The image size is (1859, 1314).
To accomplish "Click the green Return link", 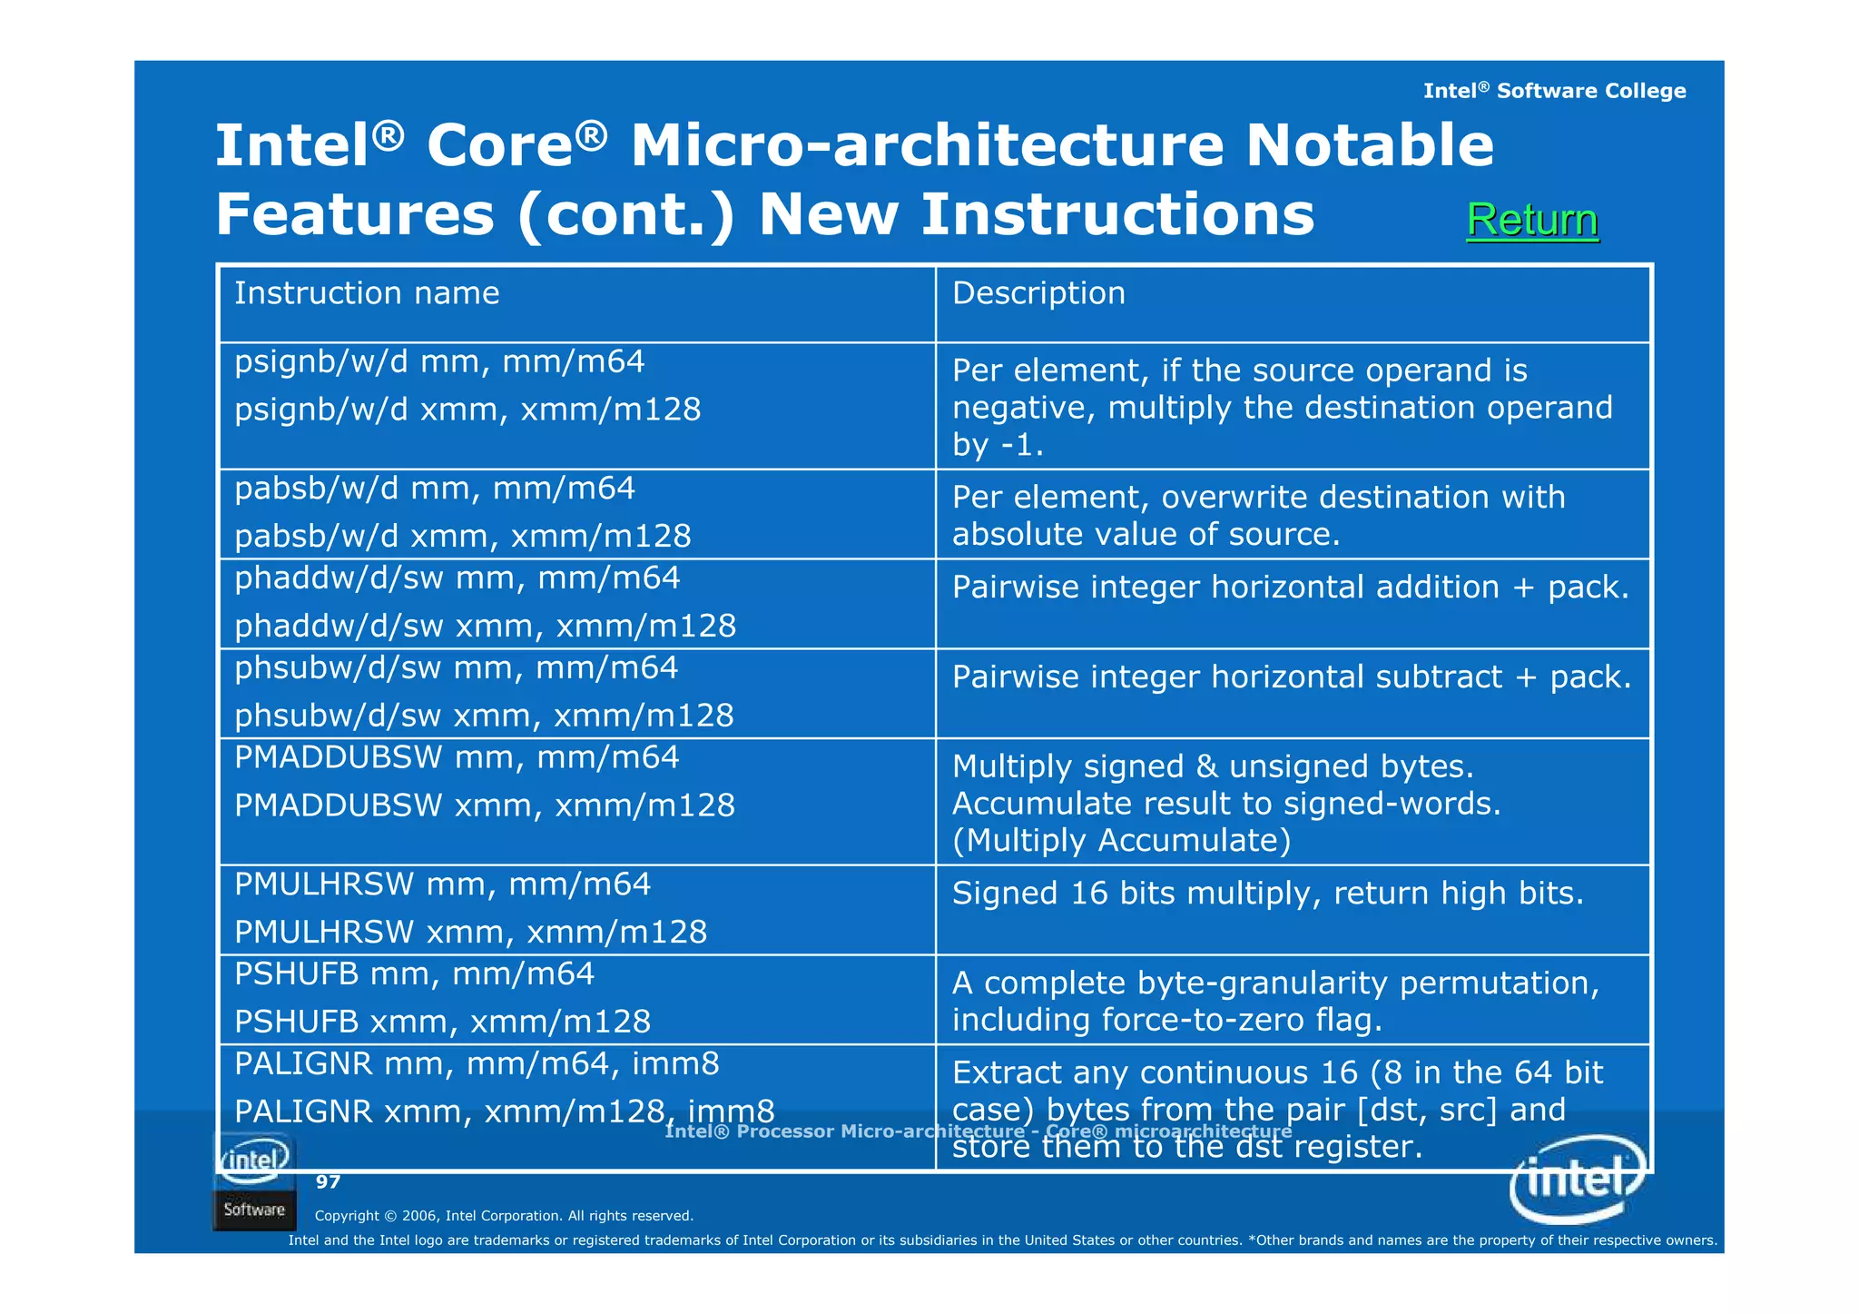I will pyautogui.click(x=1531, y=220).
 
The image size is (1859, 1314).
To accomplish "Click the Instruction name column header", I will pyautogui.click(x=367, y=293).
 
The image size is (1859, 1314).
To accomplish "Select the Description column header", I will pyautogui.click(x=1038, y=293).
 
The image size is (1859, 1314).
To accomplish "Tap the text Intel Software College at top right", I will pyautogui.click(x=1554, y=91).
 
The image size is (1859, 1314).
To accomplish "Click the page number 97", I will pyautogui.click(x=328, y=1181).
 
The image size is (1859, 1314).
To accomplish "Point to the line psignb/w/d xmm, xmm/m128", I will pyautogui.click(x=467, y=410).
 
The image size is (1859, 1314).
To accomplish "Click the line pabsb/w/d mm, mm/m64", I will pyautogui.click(x=435, y=489).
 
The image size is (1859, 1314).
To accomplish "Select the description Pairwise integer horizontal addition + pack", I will pyautogui.click(x=1290, y=587).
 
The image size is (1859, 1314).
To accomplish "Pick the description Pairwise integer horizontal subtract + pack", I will pyautogui.click(x=1291, y=677).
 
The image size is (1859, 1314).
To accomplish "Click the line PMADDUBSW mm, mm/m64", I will pyautogui.click(x=457, y=757).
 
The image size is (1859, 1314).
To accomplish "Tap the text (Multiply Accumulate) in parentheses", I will pyautogui.click(x=1121, y=840).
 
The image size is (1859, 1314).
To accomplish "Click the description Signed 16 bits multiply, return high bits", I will pyautogui.click(x=1267, y=893).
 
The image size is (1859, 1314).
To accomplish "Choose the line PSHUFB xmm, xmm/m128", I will pyautogui.click(x=442, y=1022).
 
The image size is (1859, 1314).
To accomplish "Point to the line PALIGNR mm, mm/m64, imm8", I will pyautogui.click(x=477, y=1063).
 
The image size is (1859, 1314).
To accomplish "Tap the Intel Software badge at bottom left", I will pyautogui.click(x=254, y=1181).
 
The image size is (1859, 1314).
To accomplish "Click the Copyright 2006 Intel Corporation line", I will pyautogui.click(x=504, y=1216).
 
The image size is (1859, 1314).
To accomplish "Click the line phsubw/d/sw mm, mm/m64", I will pyautogui.click(x=456, y=668).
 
